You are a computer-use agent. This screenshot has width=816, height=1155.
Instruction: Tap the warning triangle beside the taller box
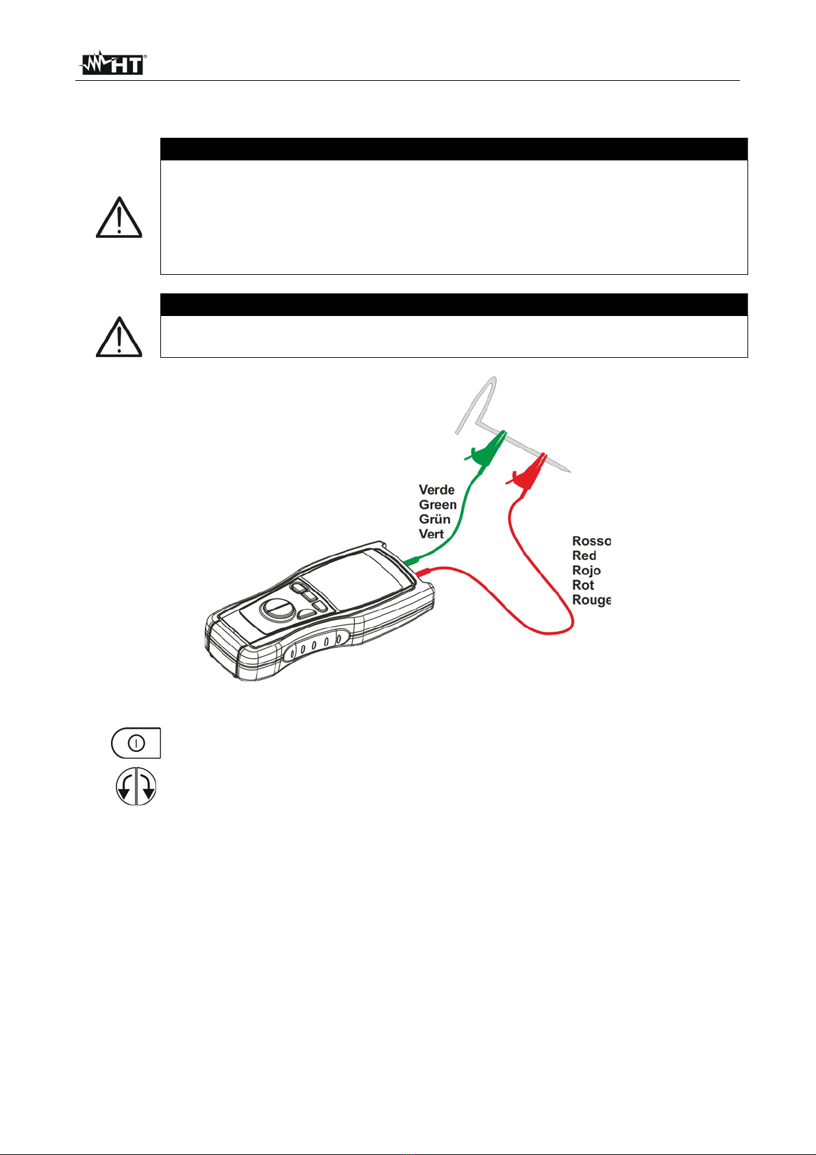119,217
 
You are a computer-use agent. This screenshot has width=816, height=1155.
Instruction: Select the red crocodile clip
528,471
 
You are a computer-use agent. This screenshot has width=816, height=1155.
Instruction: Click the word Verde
436,490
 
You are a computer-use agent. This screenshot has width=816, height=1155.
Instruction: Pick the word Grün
435,520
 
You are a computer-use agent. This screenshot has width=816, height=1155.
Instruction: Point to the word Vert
432,534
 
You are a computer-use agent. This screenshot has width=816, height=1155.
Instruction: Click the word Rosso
591,541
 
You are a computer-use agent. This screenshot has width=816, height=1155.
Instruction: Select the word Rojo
586,570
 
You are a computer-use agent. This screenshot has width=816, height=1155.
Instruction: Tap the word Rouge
591,600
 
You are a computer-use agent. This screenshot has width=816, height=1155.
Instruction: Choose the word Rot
583,585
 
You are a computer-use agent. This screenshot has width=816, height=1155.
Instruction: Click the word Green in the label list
438,504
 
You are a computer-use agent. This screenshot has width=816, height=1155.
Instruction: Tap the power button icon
136,743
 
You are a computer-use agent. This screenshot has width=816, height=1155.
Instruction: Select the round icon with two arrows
136,786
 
